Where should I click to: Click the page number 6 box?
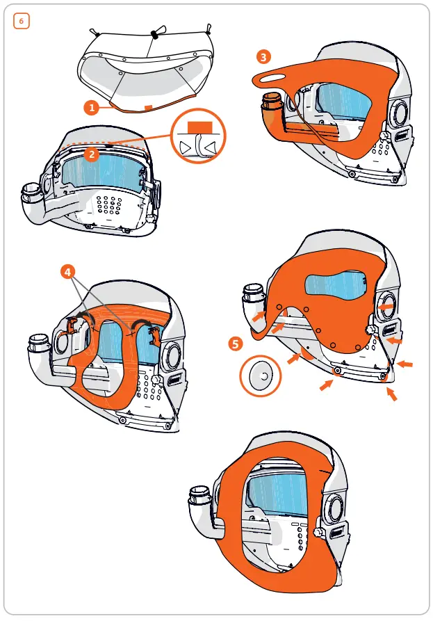(x=21, y=21)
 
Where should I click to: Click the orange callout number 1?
(x=90, y=107)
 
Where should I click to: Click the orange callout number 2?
(x=90, y=154)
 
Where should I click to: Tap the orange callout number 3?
(x=263, y=57)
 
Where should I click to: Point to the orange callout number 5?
(x=236, y=344)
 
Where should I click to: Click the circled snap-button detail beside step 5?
(x=262, y=376)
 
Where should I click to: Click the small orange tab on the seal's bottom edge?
(x=147, y=107)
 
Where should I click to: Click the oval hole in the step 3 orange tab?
(x=276, y=77)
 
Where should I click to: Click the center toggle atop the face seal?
(x=154, y=33)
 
